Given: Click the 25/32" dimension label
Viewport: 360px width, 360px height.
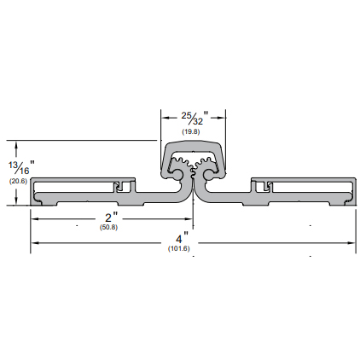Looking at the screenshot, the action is point(195,118).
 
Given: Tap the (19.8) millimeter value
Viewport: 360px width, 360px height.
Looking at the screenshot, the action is point(191,131).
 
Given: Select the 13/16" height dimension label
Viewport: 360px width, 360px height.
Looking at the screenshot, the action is point(21,168).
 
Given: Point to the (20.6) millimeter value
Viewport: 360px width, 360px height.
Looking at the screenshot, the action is point(18,181).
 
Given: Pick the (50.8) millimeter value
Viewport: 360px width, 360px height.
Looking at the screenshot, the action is point(108,228).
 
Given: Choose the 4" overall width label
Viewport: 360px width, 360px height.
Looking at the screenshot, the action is point(182,239).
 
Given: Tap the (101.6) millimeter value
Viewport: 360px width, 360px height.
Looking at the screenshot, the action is point(178,248).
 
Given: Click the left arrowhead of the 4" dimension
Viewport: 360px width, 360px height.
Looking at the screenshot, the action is point(35,243).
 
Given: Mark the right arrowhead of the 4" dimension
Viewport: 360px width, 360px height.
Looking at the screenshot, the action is point(351,243).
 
